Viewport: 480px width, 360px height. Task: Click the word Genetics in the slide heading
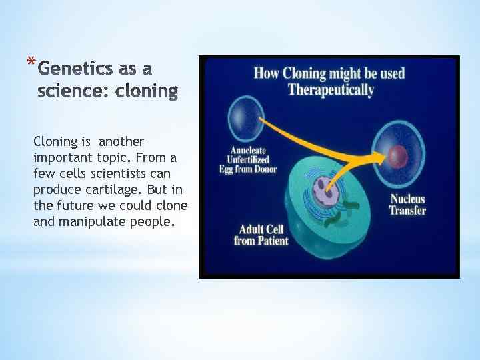click(73, 69)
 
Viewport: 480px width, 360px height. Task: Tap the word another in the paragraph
click(121, 141)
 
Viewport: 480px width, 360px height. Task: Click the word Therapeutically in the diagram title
click(330, 90)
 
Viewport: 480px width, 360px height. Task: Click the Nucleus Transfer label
click(407, 205)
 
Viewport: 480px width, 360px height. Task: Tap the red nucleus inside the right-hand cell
click(399, 157)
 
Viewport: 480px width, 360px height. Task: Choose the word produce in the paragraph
click(54, 189)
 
